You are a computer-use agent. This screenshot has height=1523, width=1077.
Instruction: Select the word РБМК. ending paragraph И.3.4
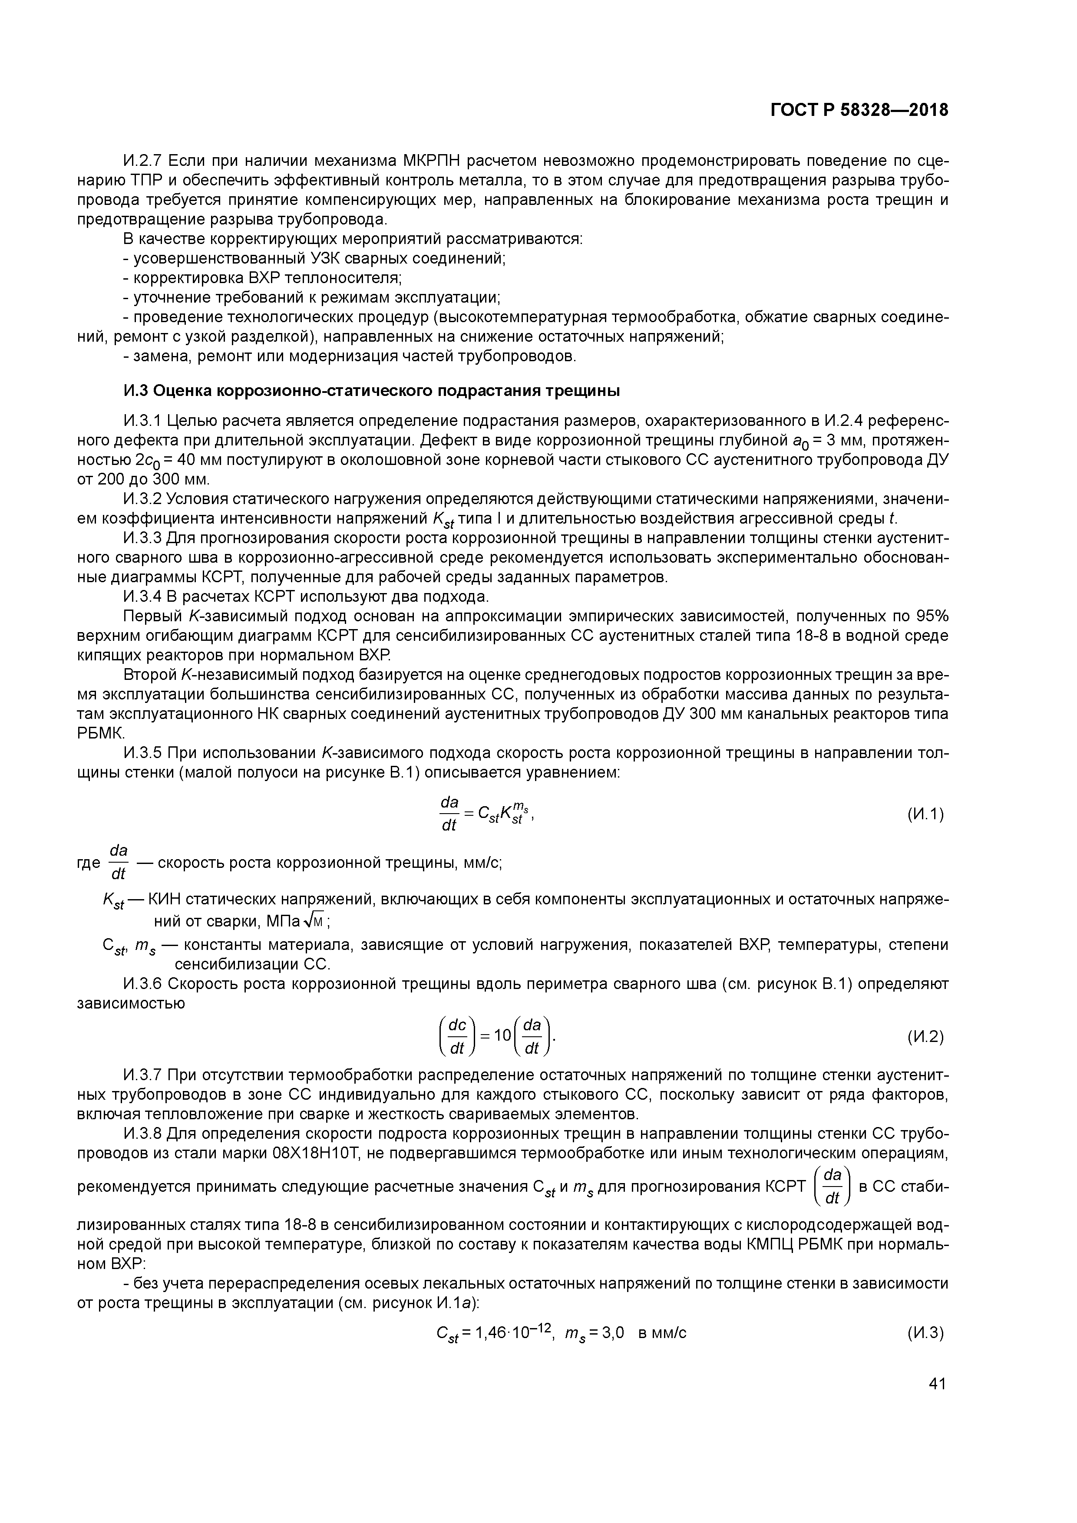tap(101, 733)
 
